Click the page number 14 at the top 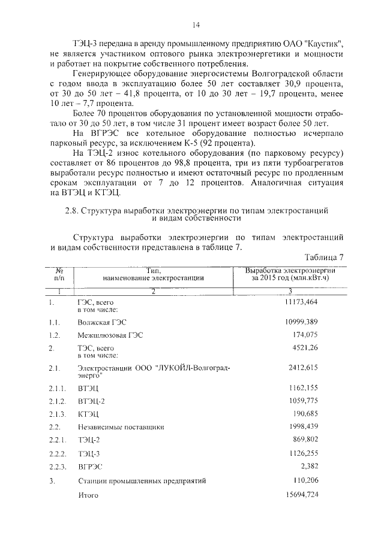click(195, 25)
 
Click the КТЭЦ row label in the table click(88, 414)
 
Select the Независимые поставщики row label click(121, 428)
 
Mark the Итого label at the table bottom click(88, 495)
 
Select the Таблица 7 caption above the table click(323, 257)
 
